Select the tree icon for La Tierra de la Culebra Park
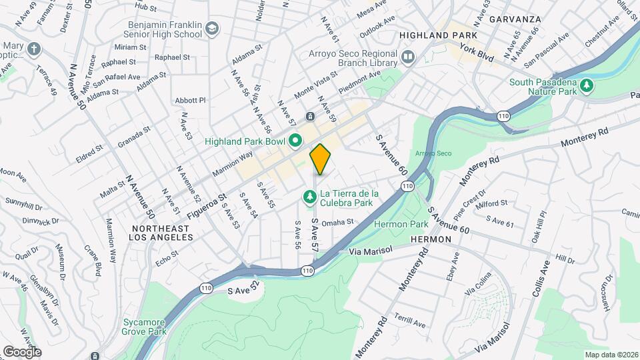click(x=309, y=197)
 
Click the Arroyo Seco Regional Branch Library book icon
click(x=408, y=57)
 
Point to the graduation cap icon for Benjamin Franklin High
click(x=212, y=29)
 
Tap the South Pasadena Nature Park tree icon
click(x=587, y=85)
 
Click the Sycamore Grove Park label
click(x=144, y=326)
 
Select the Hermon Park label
click(x=401, y=223)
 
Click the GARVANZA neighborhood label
click(x=514, y=19)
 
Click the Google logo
click(x=22, y=351)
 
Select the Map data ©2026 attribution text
click(x=610, y=355)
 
